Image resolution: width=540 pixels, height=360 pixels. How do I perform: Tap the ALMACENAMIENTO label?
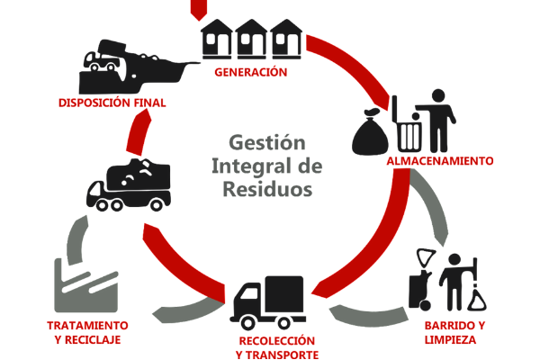(439, 162)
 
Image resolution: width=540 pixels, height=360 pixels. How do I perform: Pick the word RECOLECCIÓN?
(277, 341)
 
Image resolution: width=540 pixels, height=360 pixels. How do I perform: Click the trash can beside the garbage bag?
(409, 131)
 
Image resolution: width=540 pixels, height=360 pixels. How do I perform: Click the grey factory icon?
(85, 275)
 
